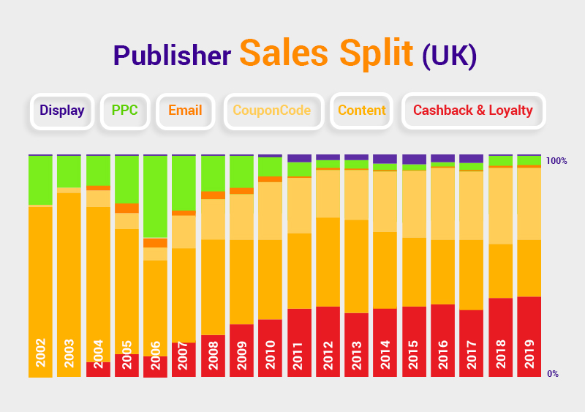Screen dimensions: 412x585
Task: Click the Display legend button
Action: [62, 111]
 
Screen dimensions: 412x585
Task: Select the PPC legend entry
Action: [124, 111]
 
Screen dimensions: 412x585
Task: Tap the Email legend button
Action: [185, 111]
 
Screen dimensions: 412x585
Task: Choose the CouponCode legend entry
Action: [272, 111]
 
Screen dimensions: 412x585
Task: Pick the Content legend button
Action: [362, 111]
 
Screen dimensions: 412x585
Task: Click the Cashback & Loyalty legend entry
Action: [473, 111]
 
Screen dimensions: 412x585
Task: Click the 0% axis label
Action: [553, 373]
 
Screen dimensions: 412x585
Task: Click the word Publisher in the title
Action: [173, 55]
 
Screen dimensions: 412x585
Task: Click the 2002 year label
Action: [40, 353]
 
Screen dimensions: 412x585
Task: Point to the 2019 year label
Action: [529, 353]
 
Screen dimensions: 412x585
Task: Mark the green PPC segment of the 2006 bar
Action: [155, 196]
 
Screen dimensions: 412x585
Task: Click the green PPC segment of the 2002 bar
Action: [40, 180]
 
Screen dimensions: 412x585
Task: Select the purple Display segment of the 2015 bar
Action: [414, 160]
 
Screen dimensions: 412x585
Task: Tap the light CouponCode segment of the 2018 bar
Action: [500, 206]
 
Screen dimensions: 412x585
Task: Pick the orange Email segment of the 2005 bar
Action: [127, 208]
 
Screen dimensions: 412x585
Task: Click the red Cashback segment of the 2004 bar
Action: [98, 370]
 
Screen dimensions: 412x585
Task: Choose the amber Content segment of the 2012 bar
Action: [328, 261]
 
